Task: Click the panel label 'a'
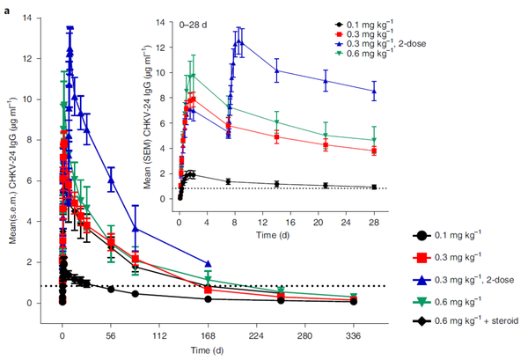click(x=6, y=7)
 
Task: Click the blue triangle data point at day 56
click(x=111, y=180)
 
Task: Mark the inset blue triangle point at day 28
click(x=374, y=91)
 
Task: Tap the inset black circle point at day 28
click(x=374, y=187)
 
